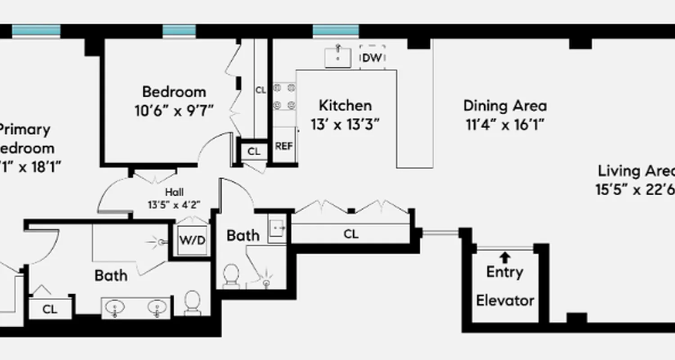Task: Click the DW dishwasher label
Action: coord(372,58)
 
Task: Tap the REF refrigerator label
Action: coord(283,146)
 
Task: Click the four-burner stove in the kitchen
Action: coord(285,96)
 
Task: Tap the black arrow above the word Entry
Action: coord(505,257)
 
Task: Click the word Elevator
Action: coord(505,300)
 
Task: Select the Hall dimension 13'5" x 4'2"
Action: coord(174,204)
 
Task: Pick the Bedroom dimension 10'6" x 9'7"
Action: coord(174,110)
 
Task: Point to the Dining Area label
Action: coord(505,106)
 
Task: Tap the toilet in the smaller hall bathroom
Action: coord(231,275)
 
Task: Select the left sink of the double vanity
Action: coord(116,308)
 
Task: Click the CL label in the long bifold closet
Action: coord(351,234)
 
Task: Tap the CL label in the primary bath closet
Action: coord(50,309)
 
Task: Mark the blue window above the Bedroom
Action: coord(179,31)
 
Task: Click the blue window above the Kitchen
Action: coord(336,31)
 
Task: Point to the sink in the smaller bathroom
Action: coord(277,229)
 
